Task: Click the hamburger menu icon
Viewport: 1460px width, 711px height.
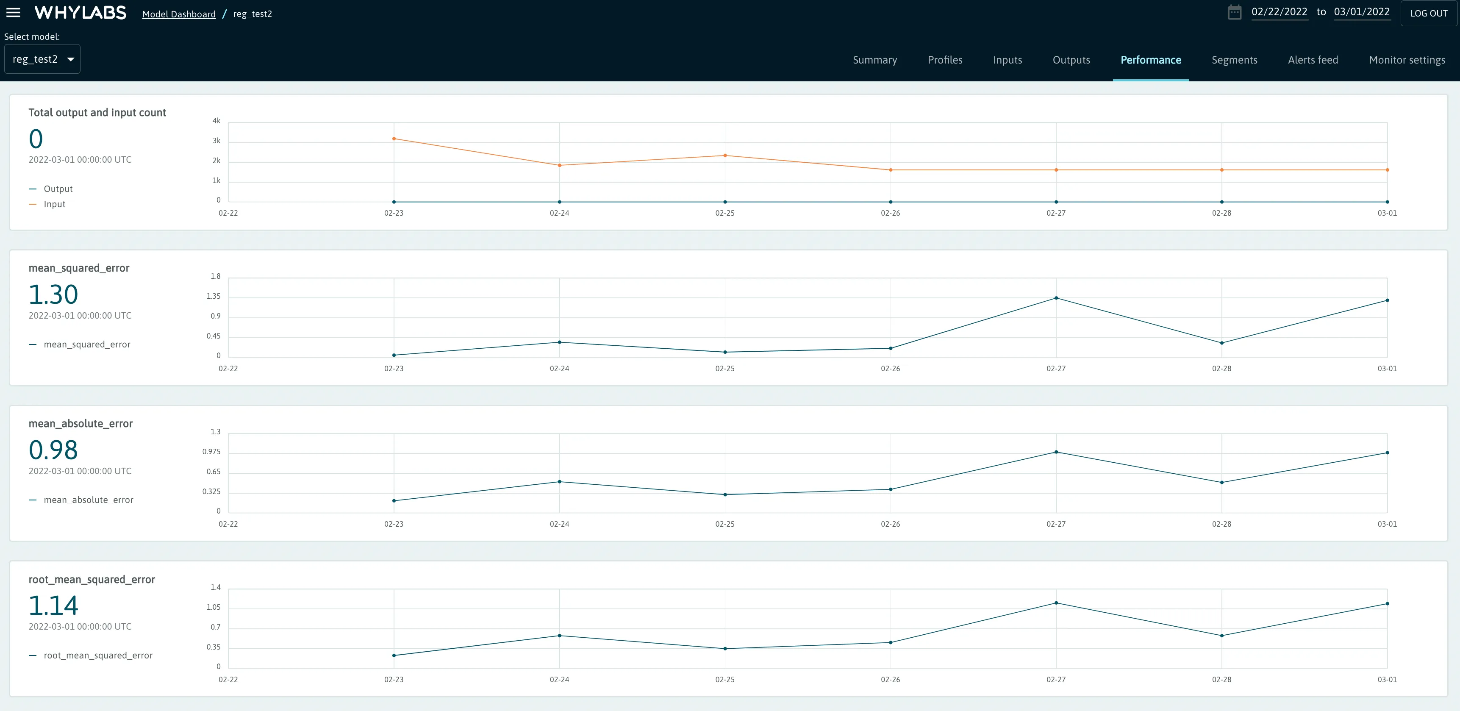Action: [x=13, y=12]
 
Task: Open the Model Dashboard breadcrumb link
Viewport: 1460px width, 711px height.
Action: [x=178, y=14]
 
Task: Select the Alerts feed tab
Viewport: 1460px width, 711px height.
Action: [x=1313, y=60]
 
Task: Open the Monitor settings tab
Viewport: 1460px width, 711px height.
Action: [x=1407, y=60]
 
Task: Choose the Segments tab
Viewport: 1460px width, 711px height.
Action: [x=1234, y=60]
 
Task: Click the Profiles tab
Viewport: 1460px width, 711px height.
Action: [x=945, y=60]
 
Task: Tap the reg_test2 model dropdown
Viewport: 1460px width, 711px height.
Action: [x=42, y=59]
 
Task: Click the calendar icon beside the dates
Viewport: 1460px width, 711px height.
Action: [x=1235, y=12]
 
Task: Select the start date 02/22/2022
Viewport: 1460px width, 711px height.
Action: [x=1279, y=12]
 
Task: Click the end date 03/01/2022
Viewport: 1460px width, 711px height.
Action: [x=1361, y=12]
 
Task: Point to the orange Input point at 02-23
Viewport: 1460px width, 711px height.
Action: [x=394, y=139]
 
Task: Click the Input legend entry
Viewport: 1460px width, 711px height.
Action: [x=54, y=204]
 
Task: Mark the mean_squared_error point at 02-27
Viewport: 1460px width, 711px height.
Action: [x=1056, y=298]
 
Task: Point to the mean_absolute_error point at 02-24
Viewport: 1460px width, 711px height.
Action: [x=559, y=482]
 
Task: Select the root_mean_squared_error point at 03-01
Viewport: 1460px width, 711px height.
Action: [x=1387, y=604]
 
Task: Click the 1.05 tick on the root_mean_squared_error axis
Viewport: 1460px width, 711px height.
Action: [x=214, y=607]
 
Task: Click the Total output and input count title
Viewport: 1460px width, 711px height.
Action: [x=97, y=113]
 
